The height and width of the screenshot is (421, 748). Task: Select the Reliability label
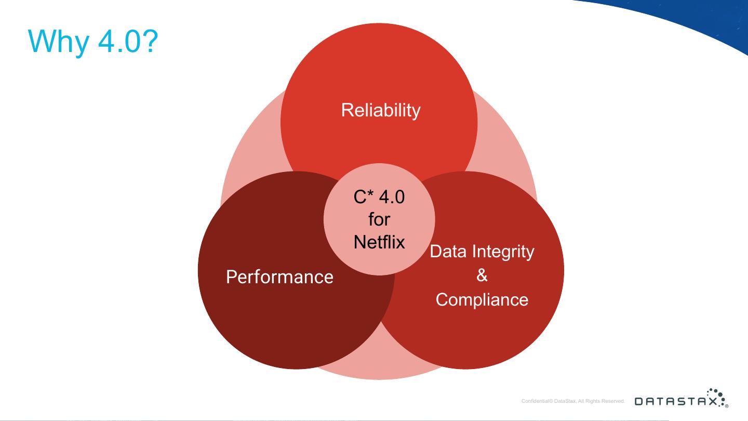point(380,110)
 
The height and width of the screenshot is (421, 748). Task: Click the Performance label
point(279,277)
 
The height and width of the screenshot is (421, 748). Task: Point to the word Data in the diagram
point(448,252)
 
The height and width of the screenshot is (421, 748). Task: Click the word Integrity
point(502,252)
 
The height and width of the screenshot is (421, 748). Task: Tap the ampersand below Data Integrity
point(482,275)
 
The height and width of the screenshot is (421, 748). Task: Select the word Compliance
point(482,300)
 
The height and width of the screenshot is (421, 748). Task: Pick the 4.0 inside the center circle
point(392,197)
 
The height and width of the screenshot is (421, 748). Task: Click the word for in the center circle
point(379,219)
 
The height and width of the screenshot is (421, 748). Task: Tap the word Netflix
point(379,242)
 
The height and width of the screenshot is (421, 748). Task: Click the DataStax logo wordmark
point(675,401)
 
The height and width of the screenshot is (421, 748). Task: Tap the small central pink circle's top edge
point(379,164)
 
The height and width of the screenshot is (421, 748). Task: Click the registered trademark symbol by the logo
point(727,405)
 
